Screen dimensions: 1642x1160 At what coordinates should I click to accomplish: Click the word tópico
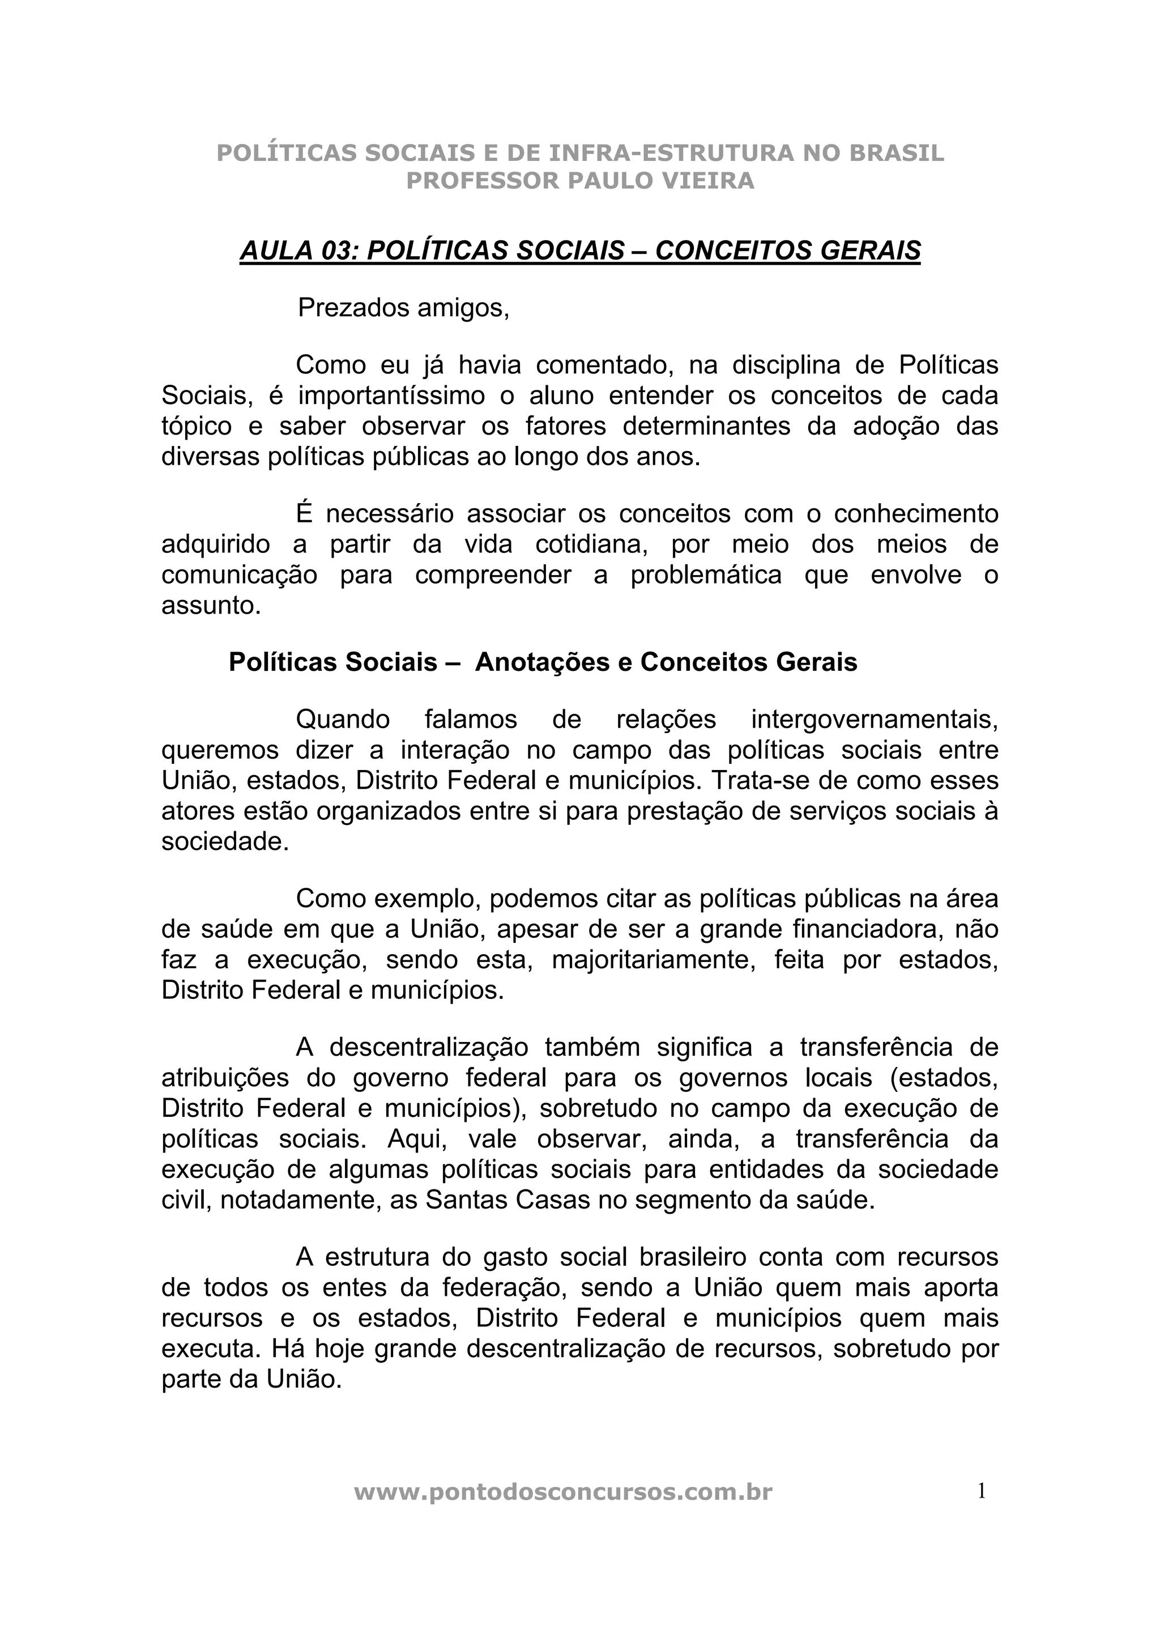pos(197,426)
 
